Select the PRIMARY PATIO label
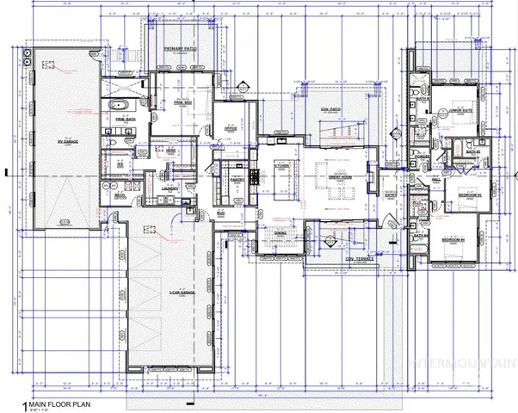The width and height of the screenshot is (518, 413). coord(179,48)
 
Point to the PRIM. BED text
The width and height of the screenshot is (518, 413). coord(181,102)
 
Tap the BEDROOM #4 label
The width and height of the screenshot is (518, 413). coord(454,238)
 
